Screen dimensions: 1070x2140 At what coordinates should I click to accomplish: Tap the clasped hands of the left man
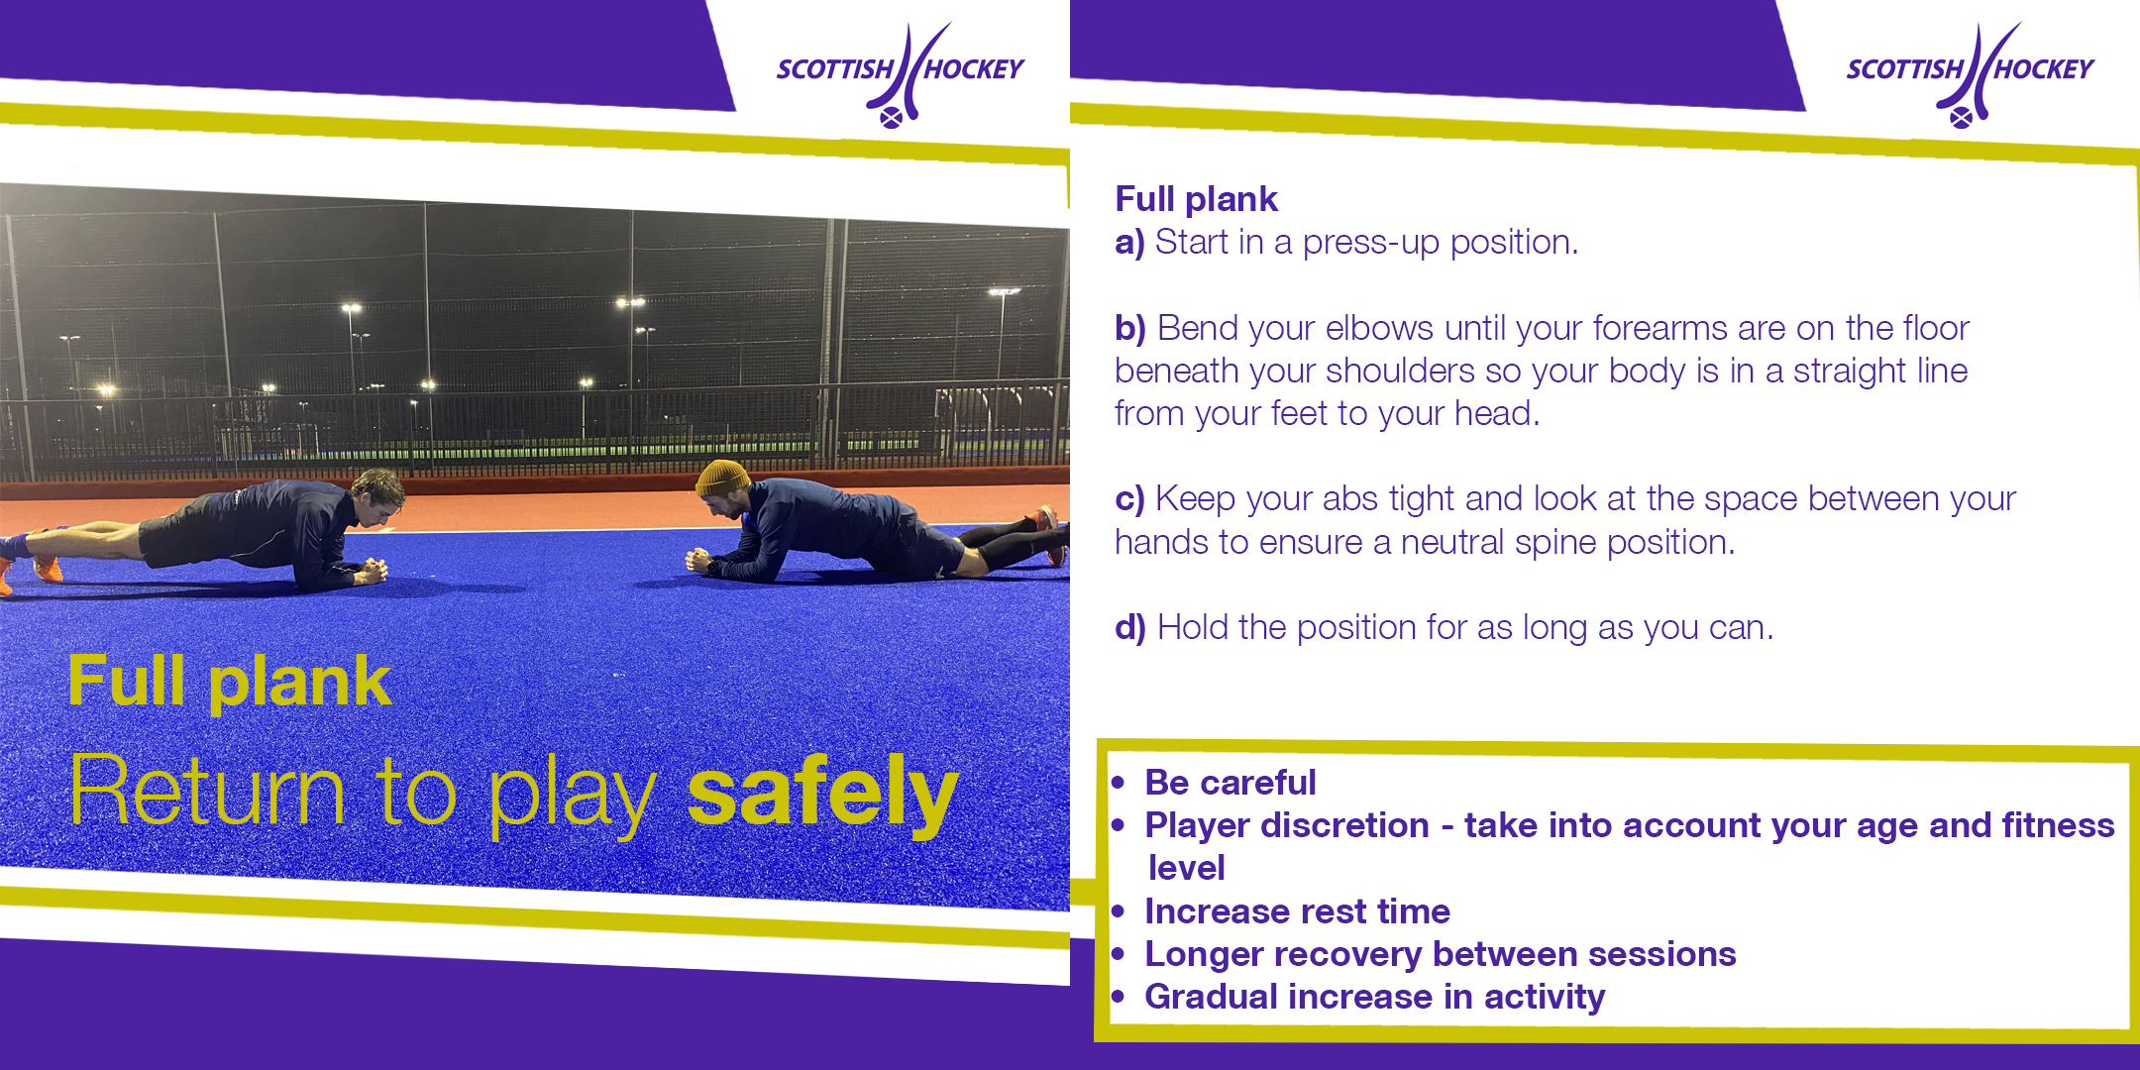[371, 571]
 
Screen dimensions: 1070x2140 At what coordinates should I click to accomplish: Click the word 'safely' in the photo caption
[822, 792]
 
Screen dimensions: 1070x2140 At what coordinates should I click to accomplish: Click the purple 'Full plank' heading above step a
[1196, 199]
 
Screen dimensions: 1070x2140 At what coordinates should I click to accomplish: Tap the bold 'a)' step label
[1129, 243]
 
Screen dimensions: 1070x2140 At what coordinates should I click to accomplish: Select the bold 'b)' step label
[1130, 328]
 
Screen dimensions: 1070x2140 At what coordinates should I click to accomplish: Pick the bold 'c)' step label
[1129, 499]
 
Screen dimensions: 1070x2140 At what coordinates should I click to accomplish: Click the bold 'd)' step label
[1130, 628]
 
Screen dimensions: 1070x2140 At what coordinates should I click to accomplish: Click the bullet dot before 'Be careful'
[1119, 783]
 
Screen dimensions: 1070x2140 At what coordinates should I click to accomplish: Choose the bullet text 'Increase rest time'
[1297, 911]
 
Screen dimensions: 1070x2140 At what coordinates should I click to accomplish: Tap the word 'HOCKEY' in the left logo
[974, 69]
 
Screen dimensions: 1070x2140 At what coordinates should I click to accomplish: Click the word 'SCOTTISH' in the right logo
[1904, 69]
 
